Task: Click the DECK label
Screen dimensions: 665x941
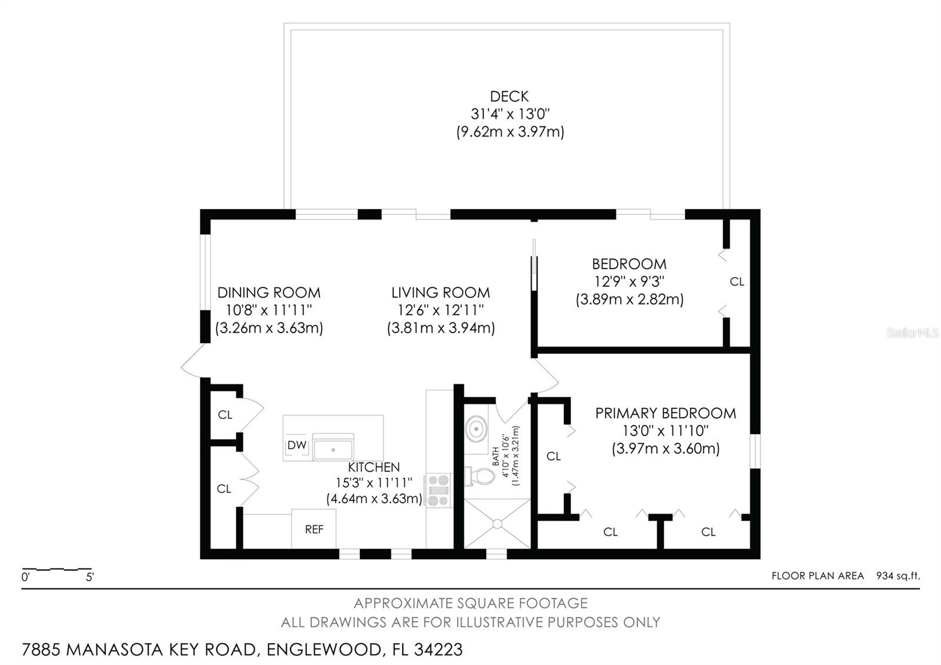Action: point(509,96)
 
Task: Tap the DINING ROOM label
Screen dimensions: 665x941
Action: point(269,292)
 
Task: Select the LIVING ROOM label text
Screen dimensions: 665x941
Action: point(441,292)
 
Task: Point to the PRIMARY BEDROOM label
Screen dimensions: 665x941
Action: point(665,413)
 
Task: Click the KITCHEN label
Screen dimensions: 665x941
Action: point(374,467)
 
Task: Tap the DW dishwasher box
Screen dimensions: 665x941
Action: point(297,445)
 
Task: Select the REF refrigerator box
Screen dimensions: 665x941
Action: point(314,529)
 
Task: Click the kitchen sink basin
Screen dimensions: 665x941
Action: point(333,449)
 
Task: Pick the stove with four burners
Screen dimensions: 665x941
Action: point(439,490)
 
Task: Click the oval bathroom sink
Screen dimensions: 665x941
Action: point(476,428)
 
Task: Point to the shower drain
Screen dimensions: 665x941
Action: point(498,523)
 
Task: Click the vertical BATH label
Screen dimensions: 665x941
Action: point(495,455)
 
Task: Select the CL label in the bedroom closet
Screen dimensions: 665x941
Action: point(737,282)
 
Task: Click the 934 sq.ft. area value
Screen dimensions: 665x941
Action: point(898,576)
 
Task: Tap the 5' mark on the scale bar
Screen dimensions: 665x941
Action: point(90,577)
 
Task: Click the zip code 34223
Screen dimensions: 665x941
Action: point(438,650)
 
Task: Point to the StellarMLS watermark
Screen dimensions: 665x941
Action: point(913,333)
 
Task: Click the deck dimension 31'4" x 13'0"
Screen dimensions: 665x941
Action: point(510,114)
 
